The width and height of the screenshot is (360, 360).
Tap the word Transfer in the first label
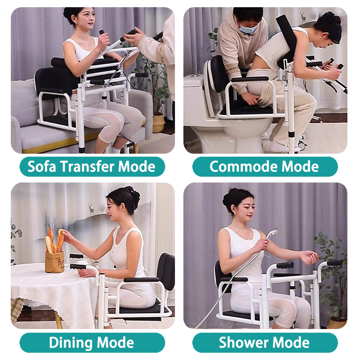tap(87, 167)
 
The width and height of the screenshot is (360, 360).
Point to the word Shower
tap(240, 342)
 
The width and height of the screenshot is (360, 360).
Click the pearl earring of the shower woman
tap(235, 212)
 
